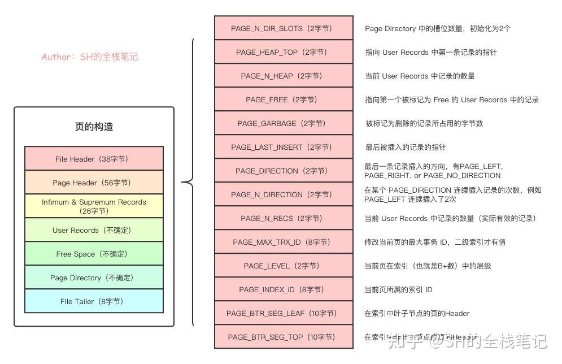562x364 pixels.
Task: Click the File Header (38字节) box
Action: [94, 159]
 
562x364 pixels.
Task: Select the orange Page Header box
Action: [94, 183]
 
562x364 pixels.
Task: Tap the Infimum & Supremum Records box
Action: [94, 206]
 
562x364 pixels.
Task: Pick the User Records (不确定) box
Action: [94, 230]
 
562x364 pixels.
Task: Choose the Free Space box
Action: [94, 254]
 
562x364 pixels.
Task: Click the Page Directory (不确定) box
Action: [94, 278]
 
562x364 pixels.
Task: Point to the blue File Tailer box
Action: [94, 301]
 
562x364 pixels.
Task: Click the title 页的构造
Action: [94, 127]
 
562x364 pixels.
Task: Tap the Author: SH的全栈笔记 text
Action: [89, 57]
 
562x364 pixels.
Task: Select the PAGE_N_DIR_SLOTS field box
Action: [284, 28]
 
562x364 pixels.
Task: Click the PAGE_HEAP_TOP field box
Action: [284, 52]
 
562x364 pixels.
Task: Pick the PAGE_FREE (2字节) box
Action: [284, 99]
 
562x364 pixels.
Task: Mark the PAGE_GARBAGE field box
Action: [284, 123]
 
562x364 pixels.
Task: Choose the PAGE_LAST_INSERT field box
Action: [284, 147]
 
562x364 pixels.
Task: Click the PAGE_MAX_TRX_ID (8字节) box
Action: [284, 242]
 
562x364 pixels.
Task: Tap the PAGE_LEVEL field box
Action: [284, 266]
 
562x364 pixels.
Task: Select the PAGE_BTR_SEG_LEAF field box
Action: [284, 313]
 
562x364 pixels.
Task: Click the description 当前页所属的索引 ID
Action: [398, 289]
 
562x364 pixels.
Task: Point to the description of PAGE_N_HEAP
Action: [420, 76]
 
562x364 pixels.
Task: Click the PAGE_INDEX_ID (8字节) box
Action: [284, 289]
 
